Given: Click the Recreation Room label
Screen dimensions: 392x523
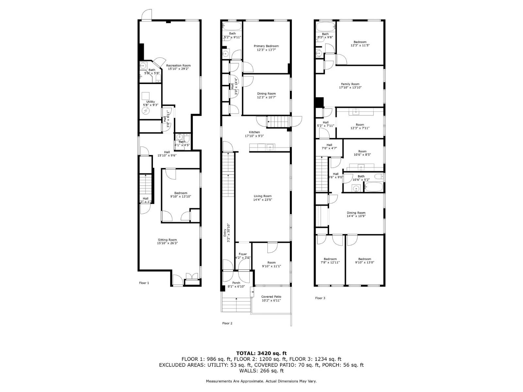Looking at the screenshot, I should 178,65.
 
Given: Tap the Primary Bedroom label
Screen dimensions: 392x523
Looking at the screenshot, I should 266,46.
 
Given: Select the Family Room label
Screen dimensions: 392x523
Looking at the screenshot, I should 350,84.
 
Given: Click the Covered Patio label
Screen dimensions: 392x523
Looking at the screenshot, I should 271,297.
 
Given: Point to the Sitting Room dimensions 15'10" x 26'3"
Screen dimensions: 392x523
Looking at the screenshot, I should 167,243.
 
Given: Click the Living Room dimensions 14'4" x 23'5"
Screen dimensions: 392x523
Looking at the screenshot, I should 262,200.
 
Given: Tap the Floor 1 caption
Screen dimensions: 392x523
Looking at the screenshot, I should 144,283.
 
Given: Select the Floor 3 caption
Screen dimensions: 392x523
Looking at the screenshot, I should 320,298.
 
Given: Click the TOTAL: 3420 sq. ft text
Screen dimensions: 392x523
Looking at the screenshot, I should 261,353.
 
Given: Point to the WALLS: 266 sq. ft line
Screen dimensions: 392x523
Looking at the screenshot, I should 261,371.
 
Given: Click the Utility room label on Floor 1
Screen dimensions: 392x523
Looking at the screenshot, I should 150,102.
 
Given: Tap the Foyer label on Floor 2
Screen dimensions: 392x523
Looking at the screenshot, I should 243,254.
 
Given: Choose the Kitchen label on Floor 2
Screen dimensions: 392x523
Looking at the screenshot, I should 254,132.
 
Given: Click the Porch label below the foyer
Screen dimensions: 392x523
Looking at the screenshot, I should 236,283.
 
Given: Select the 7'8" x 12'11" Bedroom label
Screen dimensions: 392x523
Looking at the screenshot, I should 330,259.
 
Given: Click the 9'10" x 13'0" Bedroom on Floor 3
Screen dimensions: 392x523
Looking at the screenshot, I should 364,259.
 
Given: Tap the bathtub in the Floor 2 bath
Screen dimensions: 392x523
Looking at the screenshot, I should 232,26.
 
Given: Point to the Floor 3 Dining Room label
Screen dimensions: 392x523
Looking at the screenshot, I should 356,213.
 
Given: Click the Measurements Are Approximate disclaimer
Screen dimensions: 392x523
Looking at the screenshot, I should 261,381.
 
